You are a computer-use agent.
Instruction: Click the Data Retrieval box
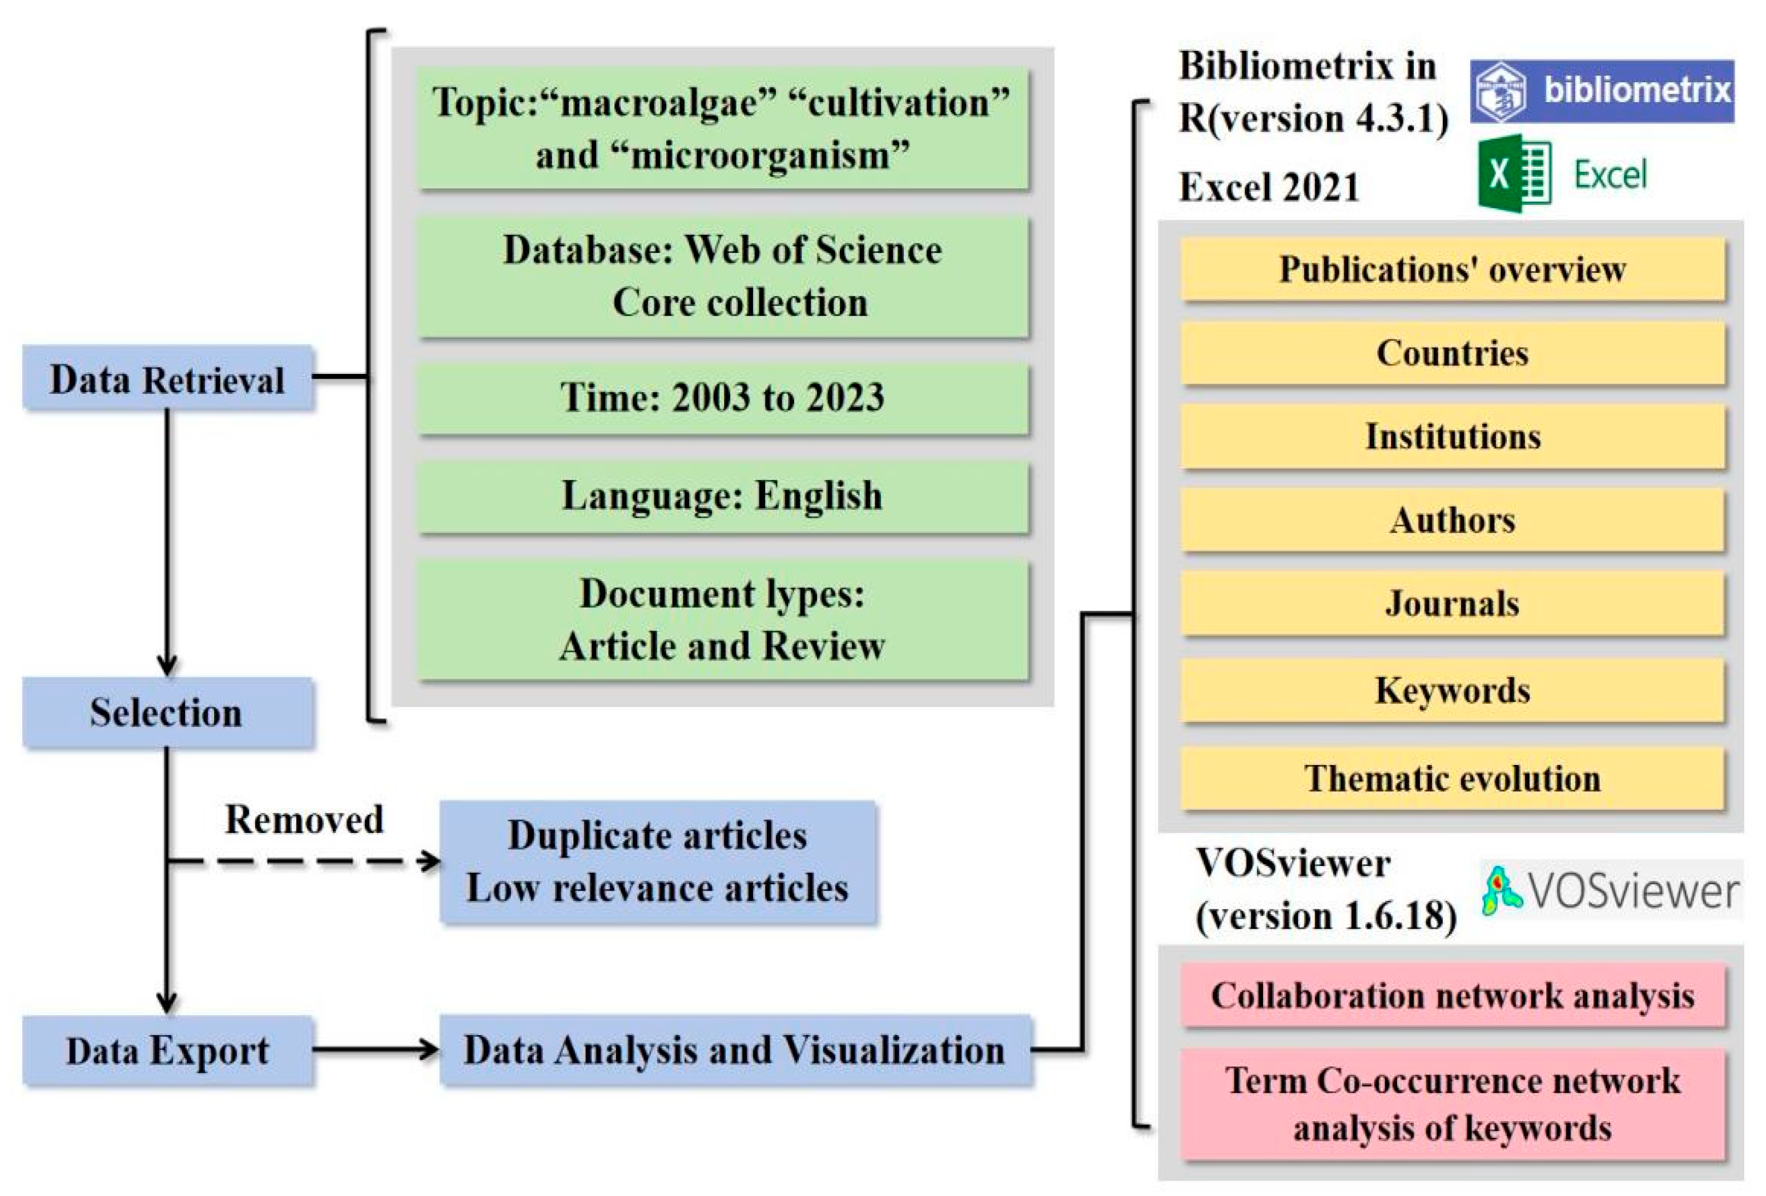pos(167,378)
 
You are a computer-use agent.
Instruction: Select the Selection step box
pos(167,712)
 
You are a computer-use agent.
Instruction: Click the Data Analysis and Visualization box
pos(734,1050)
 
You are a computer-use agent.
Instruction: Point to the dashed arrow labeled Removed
pos(304,861)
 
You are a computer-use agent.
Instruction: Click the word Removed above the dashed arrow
pos(304,819)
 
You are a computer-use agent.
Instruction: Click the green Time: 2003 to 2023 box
pos(722,397)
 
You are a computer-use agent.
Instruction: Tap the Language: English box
pos(722,496)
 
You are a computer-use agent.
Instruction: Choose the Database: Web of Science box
pos(722,276)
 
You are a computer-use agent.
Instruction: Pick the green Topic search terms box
pos(722,128)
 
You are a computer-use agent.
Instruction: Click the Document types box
pos(722,619)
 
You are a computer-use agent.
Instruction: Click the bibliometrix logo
pos(1601,91)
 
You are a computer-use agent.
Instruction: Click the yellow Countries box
pos(1451,353)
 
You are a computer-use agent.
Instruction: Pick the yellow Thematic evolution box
pos(1451,778)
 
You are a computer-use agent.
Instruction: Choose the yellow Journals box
pos(1451,603)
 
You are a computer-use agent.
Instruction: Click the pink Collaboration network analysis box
pos(1451,996)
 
